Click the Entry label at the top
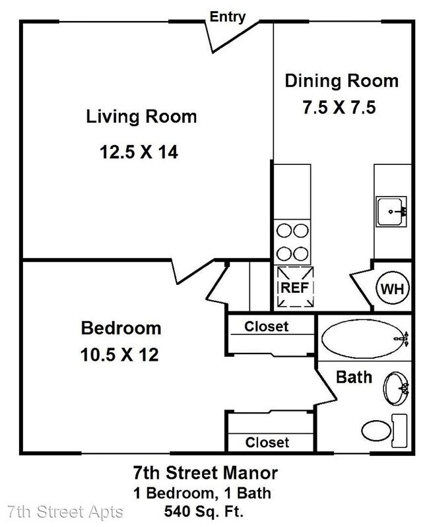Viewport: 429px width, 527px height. pyautogui.click(x=228, y=17)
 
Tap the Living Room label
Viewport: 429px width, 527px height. pyautogui.click(x=141, y=117)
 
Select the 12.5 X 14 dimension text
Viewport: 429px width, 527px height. pyautogui.click(x=139, y=152)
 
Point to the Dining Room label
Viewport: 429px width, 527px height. pyautogui.click(x=342, y=81)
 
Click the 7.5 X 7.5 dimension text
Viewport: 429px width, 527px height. pyautogui.click(x=339, y=108)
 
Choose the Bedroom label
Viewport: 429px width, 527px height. pyautogui.click(x=121, y=328)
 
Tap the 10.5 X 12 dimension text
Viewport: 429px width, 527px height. pyautogui.click(x=119, y=355)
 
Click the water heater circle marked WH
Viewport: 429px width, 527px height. pyautogui.click(x=392, y=288)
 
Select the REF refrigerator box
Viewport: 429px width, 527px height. pyautogui.click(x=295, y=287)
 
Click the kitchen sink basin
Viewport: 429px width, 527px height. pyautogui.click(x=391, y=212)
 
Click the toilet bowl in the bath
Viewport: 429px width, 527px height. pyautogui.click(x=377, y=430)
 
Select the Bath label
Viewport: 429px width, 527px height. pyautogui.click(x=354, y=377)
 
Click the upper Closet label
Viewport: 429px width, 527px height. pyautogui.click(x=266, y=326)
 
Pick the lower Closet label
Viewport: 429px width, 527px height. pyautogui.click(x=267, y=443)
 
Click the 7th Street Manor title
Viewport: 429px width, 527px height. pyautogui.click(x=205, y=472)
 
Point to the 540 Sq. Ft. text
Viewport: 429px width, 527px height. pyautogui.click(x=204, y=512)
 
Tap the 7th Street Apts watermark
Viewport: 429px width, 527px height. pyautogui.click(x=65, y=512)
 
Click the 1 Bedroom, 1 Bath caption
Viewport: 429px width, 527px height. pyautogui.click(x=203, y=493)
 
